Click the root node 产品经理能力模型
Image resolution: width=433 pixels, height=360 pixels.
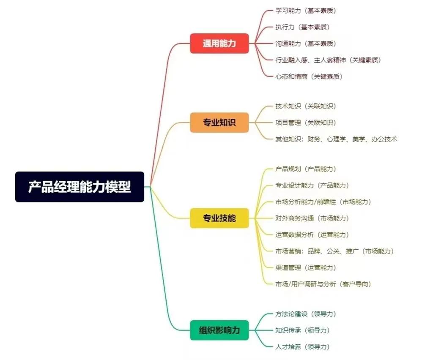[x=79, y=187]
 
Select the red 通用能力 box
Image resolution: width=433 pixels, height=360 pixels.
[x=219, y=43]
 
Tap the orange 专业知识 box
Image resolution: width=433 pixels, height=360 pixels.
[x=219, y=123]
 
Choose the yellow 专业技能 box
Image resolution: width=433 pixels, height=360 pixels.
[x=219, y=218]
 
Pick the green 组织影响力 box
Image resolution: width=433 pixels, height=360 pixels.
[x=219, y=330]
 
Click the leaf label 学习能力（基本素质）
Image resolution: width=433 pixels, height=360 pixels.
[x=306, y=11]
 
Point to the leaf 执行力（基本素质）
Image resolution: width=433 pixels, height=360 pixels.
[x=302, y=27]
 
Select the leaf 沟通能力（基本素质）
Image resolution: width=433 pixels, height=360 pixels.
[x=306, y=44]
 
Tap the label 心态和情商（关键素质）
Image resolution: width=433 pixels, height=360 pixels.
[x=309, y=76]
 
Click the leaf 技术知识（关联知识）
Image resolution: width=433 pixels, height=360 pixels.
[x=306, y=106]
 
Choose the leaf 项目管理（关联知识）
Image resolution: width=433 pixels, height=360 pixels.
[x=306, y=123]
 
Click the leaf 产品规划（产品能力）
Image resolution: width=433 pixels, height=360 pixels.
[x=306, y=169]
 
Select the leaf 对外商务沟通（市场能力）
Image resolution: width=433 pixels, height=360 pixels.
[x=312, y=218]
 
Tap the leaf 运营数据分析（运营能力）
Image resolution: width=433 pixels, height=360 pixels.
[x=312, y=235]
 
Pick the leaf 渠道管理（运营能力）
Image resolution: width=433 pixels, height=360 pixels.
[x=306, y=267]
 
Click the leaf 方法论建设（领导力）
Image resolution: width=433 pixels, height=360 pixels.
[x=306, y=314]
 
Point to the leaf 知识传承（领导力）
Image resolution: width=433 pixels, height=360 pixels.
[x=302, y=330]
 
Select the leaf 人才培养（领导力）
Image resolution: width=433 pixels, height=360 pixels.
[x=302, y=346]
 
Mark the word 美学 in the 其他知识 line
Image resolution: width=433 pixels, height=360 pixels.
[x=359, y=139]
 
